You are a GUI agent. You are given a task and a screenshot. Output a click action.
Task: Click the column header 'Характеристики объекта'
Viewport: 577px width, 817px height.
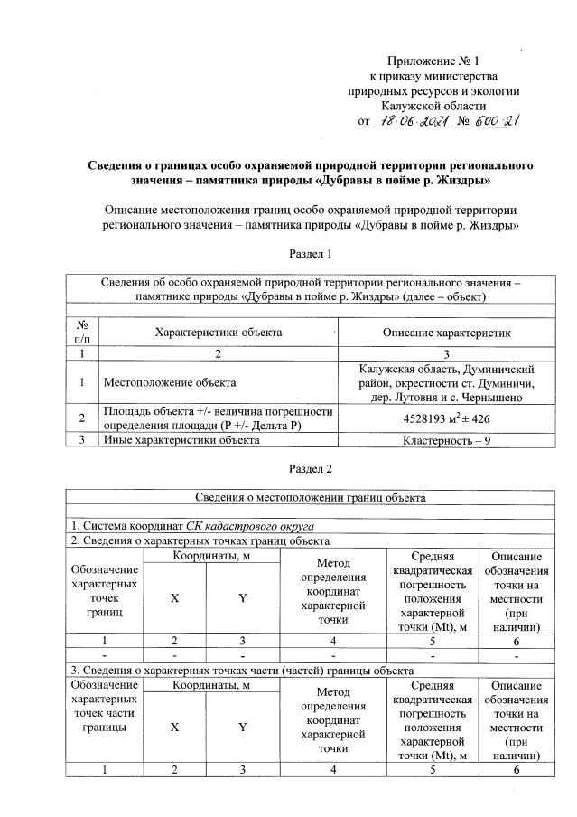219,333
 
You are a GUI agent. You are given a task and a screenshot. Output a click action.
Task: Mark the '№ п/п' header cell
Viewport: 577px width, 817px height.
83,333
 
